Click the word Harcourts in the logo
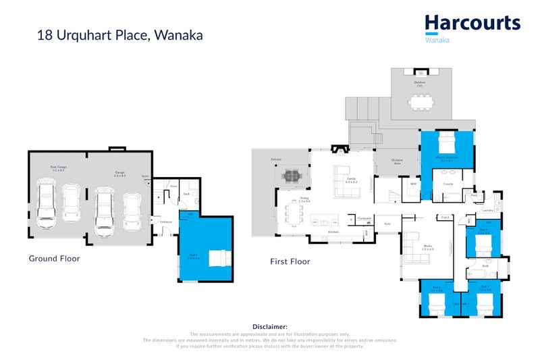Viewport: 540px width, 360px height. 473,23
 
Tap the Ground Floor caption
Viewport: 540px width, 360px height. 54,258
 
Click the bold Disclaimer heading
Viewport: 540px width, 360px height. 269,326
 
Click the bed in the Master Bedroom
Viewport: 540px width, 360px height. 447,143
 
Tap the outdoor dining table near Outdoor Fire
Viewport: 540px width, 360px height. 421,101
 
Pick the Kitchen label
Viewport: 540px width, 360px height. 333,232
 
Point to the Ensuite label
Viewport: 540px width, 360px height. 448,184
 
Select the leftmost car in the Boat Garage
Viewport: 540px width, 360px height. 47,203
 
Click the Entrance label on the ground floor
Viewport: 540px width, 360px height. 166,222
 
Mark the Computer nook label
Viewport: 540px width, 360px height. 365,217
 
